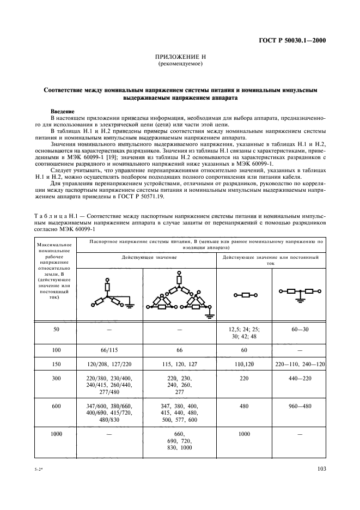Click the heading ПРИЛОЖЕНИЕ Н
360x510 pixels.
click(x=180, y=57)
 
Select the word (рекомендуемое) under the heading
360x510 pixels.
click(x=180, y=64)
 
